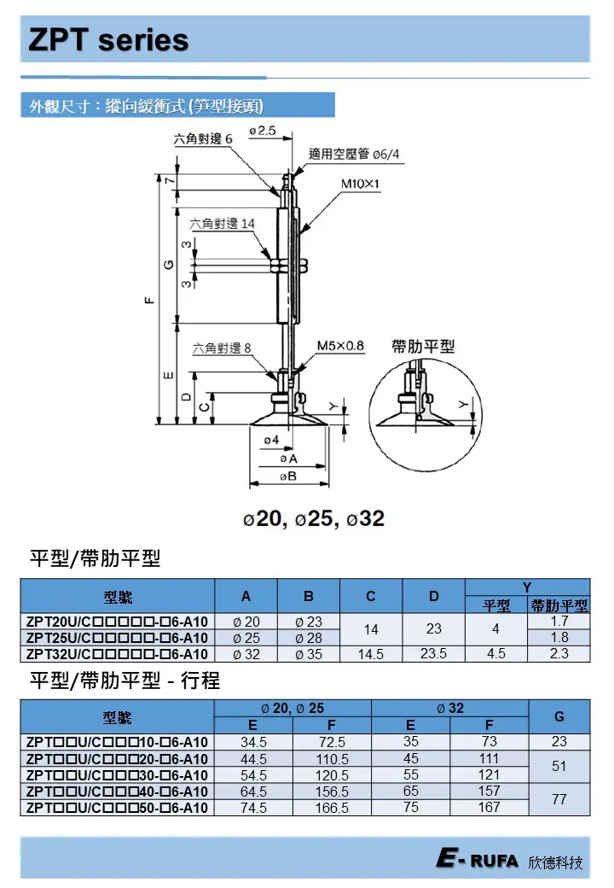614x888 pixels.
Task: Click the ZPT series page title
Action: click(108, 40)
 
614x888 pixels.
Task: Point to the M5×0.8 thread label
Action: click(340, 346)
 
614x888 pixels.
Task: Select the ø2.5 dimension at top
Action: click(263, 130)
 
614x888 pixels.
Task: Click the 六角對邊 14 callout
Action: click(222, 224)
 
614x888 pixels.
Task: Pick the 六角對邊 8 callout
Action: click(222, 348)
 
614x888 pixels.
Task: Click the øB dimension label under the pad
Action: click(287, 476)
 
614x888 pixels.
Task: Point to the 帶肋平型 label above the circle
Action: click(423, 346)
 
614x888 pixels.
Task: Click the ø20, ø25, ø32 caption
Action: click(313, 518)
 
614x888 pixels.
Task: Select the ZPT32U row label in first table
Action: click(117, 654)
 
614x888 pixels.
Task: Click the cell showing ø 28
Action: click(308, 638)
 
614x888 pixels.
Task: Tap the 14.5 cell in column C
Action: click(371, 654)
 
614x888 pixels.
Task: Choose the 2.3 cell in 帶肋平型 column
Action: click(559, 654)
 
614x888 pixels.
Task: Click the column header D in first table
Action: click(433, 596)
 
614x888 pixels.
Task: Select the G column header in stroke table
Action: click(559, 716)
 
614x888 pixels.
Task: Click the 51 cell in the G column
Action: click(559, 767)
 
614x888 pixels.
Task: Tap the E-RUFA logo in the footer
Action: click(476, 861)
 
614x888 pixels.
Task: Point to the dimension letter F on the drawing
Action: click(150, 300)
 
